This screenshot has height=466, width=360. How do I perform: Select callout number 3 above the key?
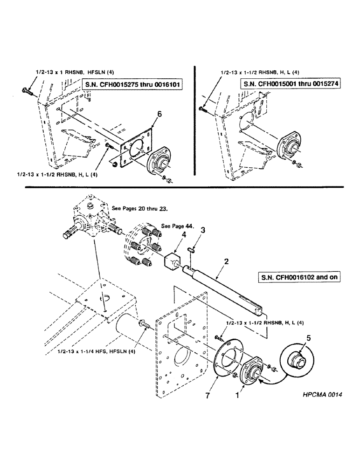click(202, 230)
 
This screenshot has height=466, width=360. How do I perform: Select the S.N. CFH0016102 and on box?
click(298, 276)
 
